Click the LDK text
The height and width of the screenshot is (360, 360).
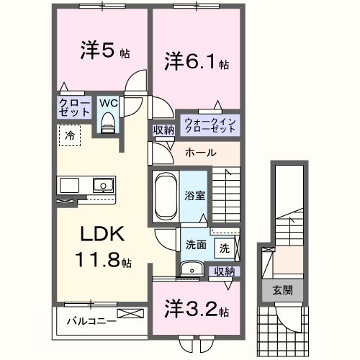pyautogui.click(x=102, y=234)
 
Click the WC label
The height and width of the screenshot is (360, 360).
pyautogui.click(x=108, y=103)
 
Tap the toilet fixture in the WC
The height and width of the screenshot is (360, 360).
pyautogui.click(x=108, y=124)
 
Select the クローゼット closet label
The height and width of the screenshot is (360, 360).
pyautogui.click(x=75, y=109)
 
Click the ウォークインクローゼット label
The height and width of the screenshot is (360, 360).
pyautogui.click(x=210, y=124)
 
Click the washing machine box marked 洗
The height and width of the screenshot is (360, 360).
pyautogui.click(x=225, y=248)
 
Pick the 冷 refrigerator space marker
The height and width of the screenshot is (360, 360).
pyautogui.click(x=70, y=134)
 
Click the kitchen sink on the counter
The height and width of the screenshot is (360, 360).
pyautogui.click(x=102, y=185)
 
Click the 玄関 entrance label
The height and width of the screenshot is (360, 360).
pyautogui.click(x=282, y=290)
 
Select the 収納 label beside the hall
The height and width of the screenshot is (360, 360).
pyautogui.click(x=162, y=130)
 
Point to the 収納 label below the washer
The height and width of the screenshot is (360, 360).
pyautogui.click(x=224, y=271)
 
